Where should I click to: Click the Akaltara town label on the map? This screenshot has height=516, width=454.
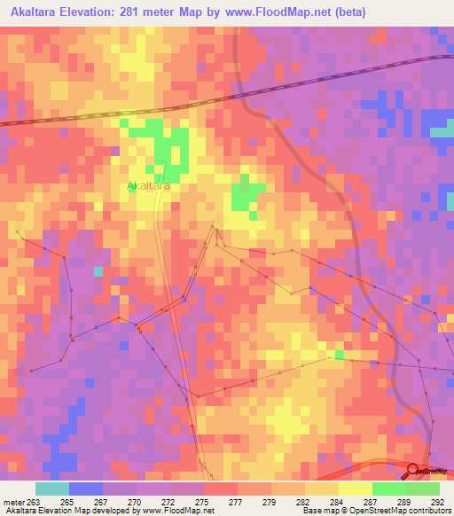click(148, 186)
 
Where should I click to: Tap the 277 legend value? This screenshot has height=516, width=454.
click(235, 501)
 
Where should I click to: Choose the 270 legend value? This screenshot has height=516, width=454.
click(134, 501)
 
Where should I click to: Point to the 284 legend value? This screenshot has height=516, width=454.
click(336, 501)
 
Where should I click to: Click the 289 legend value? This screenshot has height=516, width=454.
click(403, 501)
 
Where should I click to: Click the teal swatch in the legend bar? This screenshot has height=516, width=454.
click(51, 489)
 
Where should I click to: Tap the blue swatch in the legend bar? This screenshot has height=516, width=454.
click(86, 489)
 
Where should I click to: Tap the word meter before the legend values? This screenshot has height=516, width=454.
click(13, 501)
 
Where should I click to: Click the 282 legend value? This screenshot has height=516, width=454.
click(302, 501)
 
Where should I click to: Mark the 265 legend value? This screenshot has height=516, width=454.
click(67, 501)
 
